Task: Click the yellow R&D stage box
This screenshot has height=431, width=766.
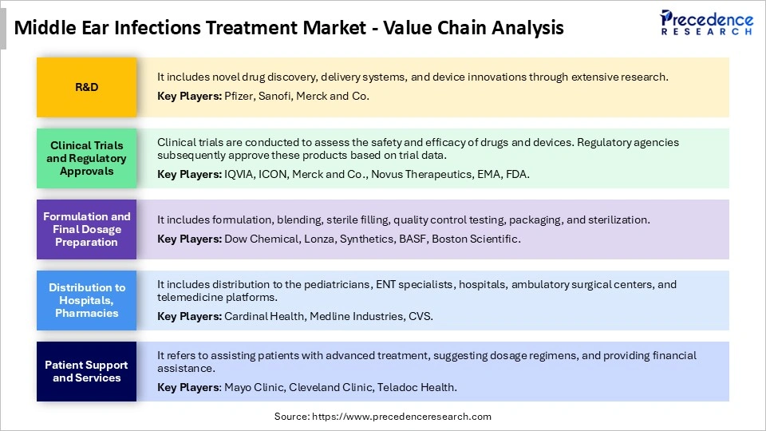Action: [x=86, y=87]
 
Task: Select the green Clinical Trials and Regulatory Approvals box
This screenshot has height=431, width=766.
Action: [x=86, y=158]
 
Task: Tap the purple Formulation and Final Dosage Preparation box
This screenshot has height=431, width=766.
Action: [x=86, y=229]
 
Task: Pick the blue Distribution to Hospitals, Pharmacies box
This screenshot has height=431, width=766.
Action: [x=86, y=300]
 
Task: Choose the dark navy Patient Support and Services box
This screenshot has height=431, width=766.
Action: [x=86, y=371]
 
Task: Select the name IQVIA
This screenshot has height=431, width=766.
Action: [x=241, y=174]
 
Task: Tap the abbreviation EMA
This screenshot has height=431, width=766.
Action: [x=490, y=174]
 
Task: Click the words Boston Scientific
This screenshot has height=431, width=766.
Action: [x=476, y=239]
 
